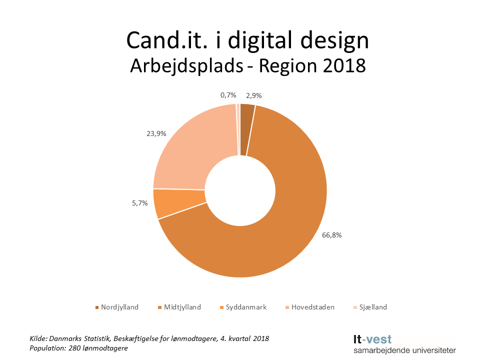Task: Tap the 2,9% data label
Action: point(253,95)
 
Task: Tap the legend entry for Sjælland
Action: point(370,307)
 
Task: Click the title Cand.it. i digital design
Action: point(247,40)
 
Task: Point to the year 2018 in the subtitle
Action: point(344,65)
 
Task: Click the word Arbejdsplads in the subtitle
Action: point(189,65)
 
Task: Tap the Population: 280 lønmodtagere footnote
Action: point(78,348)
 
